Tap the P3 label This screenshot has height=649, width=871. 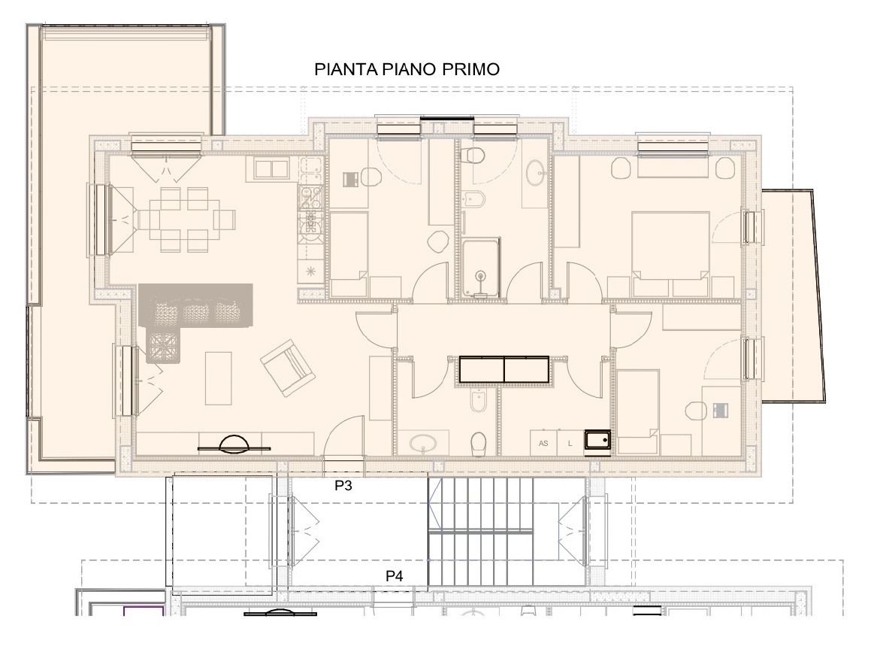point(343,486)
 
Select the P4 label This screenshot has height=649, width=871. point(395,576)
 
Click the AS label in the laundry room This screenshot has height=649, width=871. point(543,444)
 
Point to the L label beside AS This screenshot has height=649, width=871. point(570,444)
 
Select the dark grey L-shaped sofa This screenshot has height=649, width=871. point(195,317)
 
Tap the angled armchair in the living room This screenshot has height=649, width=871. point(287,368)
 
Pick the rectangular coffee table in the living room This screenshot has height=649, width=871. point(218,378)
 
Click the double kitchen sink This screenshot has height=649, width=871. point(271,168)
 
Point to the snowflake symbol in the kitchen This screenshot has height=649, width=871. point(310,271)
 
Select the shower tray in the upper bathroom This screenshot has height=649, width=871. point(480,268)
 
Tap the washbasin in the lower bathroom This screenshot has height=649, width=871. point(424,444)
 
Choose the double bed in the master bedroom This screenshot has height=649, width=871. point(670,254)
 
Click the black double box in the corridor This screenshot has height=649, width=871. point(504,369)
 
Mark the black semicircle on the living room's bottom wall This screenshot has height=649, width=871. point(235,444)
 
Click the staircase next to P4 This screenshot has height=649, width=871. point(480,532)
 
